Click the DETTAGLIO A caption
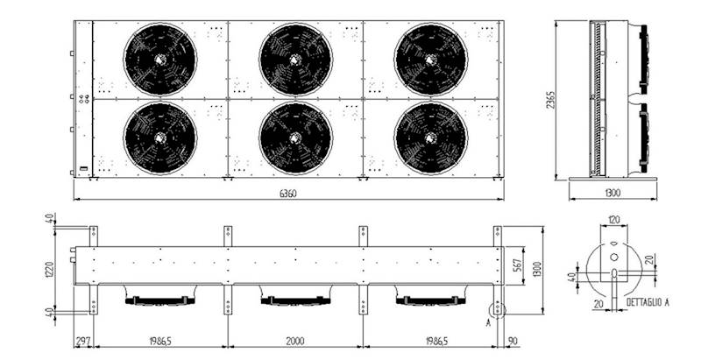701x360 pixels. tap(648, 302)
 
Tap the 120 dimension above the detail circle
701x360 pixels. tap(613, 220)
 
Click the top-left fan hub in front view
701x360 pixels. tap(159, 59)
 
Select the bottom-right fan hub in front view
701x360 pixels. tap(430, 138)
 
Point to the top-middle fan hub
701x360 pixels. tap(295, 59)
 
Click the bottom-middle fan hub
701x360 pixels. tap(295, 138)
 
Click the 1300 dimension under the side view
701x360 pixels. tap(612, 193)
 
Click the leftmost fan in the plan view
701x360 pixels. tap(159, 300)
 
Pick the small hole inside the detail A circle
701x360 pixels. tap(614, 257)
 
